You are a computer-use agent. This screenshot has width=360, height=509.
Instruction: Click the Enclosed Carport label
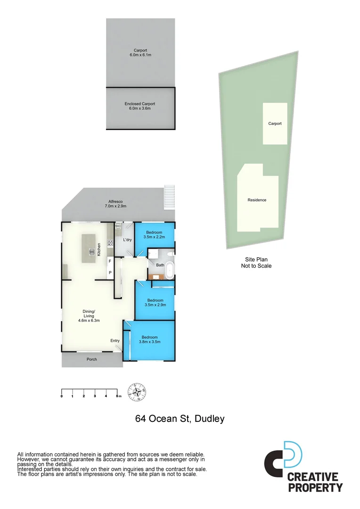[x=140, y=104]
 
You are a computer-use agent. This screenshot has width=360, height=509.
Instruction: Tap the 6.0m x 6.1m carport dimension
[x=140, y=55]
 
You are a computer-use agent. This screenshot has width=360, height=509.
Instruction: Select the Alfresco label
[x=115, y=201]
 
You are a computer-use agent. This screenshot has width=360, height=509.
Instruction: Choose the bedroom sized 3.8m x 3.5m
[x=150, y=340]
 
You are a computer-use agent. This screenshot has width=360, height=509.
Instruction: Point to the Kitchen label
[x=99, y=249]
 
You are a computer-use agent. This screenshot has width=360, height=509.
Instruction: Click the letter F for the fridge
[x=110, y=261]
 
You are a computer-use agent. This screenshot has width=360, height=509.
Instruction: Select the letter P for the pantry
[x=110, y=272]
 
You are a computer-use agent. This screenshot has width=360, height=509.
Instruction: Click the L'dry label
[x=127, y=240]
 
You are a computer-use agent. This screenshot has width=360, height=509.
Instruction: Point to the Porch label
[x=92, y=360]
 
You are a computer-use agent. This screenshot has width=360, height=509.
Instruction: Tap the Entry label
[x=115, y=341]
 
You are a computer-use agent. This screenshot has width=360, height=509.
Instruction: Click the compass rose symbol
[x=138, y=392]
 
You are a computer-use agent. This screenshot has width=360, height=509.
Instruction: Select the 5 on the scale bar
[x=118, y=396]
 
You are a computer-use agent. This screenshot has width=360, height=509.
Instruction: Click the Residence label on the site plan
[x=257, y=200]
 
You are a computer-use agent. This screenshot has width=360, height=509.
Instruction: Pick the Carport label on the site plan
[x=275, y=123]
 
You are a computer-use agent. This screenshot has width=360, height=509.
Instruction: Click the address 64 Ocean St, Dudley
[x=180, y=419]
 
